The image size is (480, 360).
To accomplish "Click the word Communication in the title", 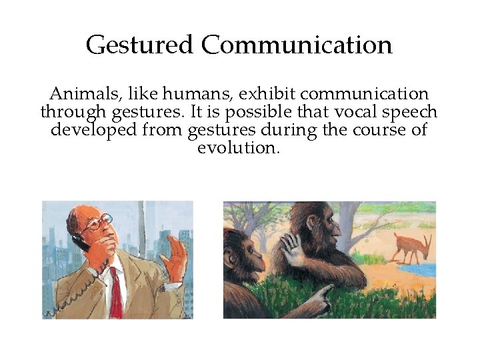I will point(297,45).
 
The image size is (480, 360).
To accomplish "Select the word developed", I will point(93,130).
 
